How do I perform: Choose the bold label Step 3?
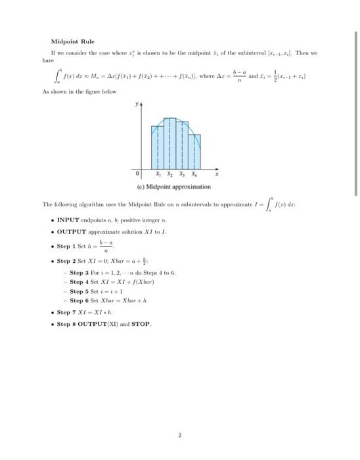tap(80, 272)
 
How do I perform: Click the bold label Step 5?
tap(80, 291)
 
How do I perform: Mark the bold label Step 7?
tap(68, 313)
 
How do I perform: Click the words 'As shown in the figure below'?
tap(83, 92)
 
